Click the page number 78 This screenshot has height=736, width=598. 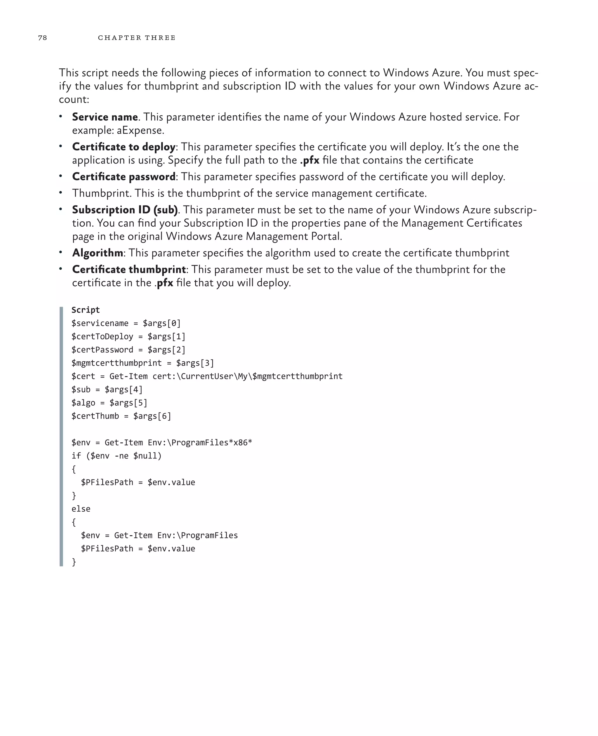(42, 38)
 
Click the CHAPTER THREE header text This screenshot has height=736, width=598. (136, 38)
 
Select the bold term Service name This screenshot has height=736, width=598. (105, 117)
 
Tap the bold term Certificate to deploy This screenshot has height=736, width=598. (124, 147)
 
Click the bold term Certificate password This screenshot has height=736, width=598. (124, 176)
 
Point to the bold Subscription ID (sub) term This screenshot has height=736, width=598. (125, 209)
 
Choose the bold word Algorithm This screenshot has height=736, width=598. (98, 253)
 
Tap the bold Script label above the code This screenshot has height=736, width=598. (86, 310)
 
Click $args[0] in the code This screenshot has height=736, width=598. (161, 323)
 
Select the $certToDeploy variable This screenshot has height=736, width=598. (102, 336)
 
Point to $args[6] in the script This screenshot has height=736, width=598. (152, 416)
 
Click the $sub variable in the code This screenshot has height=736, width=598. (81, 389)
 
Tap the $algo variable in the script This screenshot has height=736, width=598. (83, 403)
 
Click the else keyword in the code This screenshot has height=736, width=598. (81, 509)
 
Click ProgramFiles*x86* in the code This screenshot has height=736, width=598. (211, 442)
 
